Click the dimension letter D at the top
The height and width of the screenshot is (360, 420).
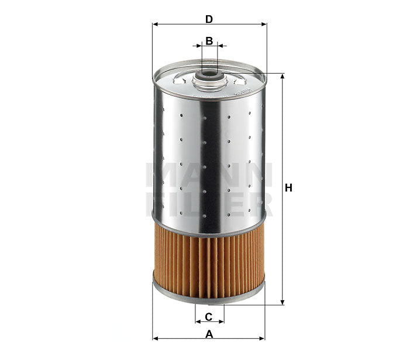209,19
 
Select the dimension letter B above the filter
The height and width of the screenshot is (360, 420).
209,41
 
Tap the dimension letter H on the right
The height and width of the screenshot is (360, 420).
288,188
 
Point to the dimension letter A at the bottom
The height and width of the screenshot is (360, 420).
209,334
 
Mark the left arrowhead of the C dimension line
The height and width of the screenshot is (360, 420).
198,321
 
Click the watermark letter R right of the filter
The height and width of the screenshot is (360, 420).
267,205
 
